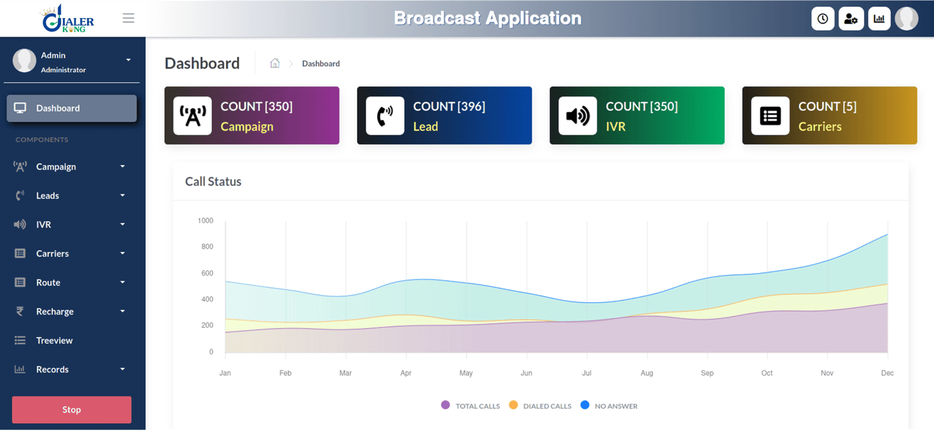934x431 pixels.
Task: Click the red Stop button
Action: click(71, 409)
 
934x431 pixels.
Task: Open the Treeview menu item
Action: click(54, 340)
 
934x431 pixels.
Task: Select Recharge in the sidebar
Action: click(55, 311)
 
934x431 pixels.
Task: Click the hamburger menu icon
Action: click(128, 18)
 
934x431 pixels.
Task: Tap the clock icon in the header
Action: click(823, 19)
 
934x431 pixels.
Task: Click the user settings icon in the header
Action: click(851, 19)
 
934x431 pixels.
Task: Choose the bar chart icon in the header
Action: click(879, 19)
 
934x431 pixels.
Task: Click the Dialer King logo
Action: click(68, 19)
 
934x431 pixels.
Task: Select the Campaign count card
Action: click(252, 116)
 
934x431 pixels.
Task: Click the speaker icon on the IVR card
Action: click(577, 116)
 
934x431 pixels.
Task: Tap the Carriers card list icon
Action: click(770, 116)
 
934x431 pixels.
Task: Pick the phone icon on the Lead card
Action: click(385, 116)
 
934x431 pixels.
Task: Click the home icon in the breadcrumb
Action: click(275, 63)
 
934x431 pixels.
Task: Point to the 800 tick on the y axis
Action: click(207, 246)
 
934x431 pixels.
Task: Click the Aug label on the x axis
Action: click(647, 373)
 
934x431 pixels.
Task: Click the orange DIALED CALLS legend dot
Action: click(513, 405)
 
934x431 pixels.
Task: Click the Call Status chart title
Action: click(213, 182)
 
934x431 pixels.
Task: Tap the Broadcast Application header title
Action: click(487, 18)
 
